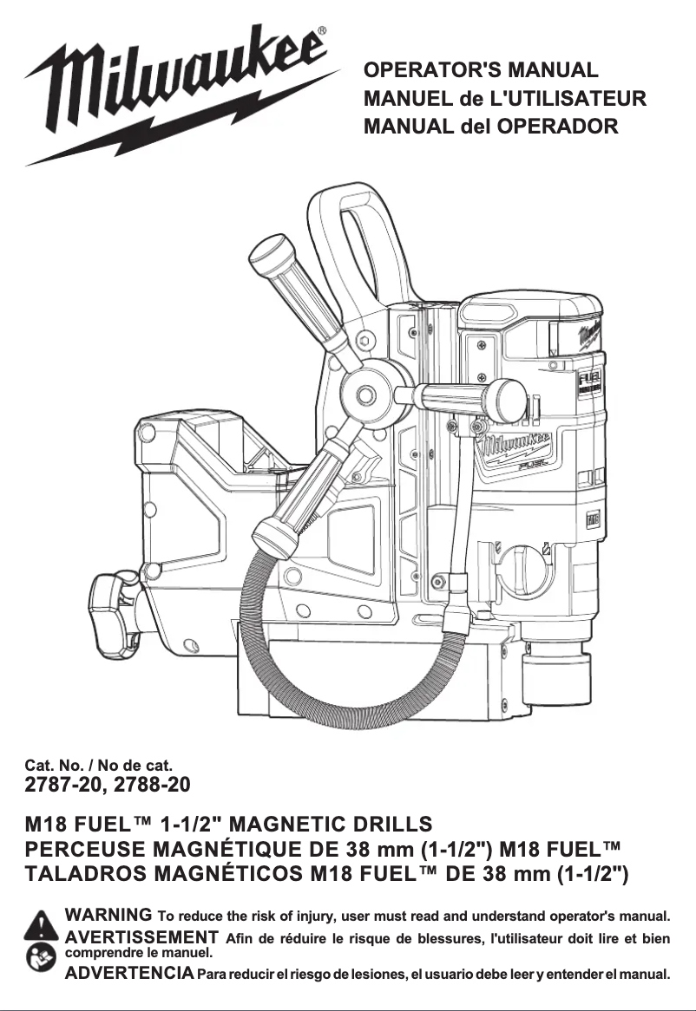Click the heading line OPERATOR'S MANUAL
click(x=482, y=70)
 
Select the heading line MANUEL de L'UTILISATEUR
click(x=505, y=98)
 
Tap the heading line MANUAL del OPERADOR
click(x=491, y=127)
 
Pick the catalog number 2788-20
click(x=149, y=786)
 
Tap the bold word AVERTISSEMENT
click(x=141, y=937)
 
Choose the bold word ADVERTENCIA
click(x=129, y=973)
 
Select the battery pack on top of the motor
click(x=529, y=321)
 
